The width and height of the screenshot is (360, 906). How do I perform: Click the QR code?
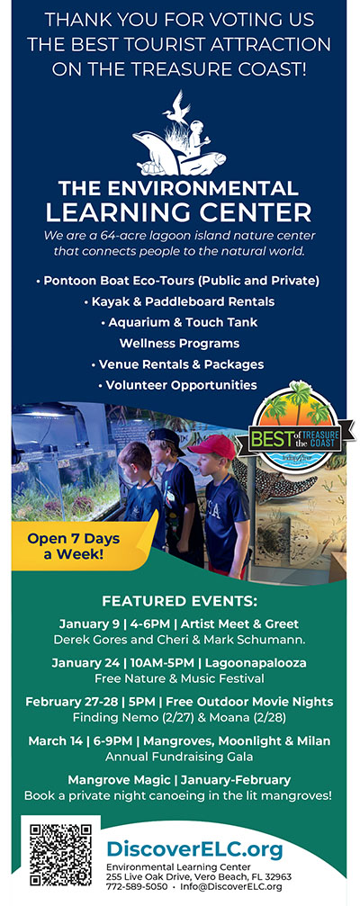click(x=60, y=855)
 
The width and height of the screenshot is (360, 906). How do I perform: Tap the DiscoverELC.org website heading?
click(x=194, y=849)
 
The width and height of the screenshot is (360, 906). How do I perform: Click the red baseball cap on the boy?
click(x=212, y=446)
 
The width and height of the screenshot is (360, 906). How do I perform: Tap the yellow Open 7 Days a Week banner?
click(x=81, y=544)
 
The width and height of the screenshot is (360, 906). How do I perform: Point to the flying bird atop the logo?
click(x=176, y=108)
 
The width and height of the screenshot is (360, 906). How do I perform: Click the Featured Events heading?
click(x=179, y=602)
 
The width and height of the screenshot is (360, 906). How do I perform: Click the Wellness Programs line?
click(x=179, y=343)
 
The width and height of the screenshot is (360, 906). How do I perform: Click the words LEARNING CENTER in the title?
click(x=178, y=212)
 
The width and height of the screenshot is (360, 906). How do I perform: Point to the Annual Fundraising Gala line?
click(x=179, y=756)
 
